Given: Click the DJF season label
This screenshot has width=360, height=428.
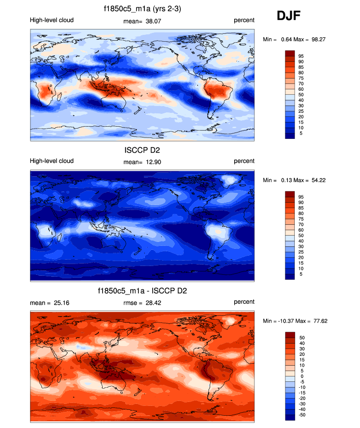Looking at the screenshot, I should pos(289,16).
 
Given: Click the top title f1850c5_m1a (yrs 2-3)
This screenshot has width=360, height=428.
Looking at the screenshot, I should pos(142,8).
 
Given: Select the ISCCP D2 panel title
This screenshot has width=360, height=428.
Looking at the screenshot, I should pos(142,150).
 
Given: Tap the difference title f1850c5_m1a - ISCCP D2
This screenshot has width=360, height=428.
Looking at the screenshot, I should pos(142,291).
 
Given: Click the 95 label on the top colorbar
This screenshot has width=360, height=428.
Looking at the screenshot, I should pos(301,56).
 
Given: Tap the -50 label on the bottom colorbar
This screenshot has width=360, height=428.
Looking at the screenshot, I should pos(302,415).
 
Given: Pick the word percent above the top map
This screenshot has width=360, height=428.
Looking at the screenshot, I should pos(244,20).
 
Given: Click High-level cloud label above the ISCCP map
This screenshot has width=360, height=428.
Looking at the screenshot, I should pos(52,161).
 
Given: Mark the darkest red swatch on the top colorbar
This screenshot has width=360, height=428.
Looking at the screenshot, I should pos(290,53).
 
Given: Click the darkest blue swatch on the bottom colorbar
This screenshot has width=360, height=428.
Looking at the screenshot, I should pos(290,417).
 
